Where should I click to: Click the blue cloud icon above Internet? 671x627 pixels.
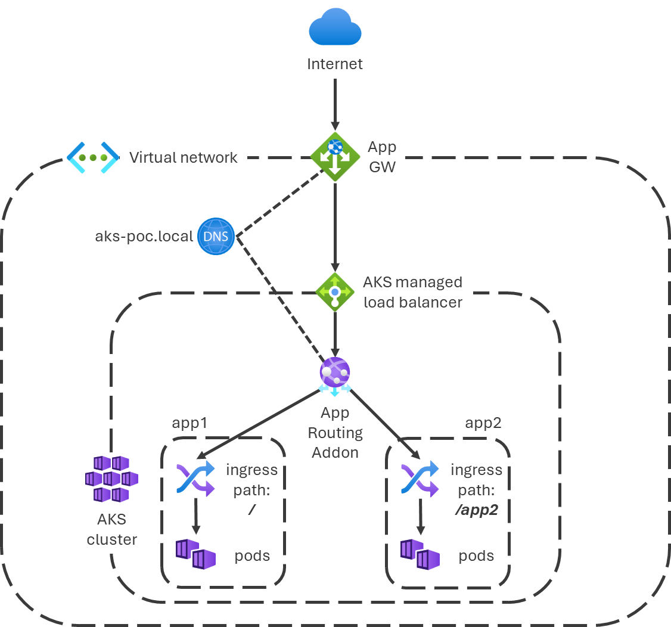pyautogui.click(x=335, y=28)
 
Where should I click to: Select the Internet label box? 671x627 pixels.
pyautogui.click(x=334, y=64)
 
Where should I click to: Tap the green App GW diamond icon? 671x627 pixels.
pyautogui.click(x=335, y=157)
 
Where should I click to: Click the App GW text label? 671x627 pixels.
pyautogui.click(x=382, y=157)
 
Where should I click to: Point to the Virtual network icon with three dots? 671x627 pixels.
pyautogui.click(x=92, y=157)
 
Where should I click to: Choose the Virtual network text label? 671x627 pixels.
pyautogui.click(x=183, y=157)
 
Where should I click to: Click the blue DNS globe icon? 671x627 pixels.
pyautogui.click(x=216, y=237)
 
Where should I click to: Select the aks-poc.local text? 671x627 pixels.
pyautogui.click(x=144, y=237)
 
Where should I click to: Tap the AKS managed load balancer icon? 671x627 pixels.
pyautogui.click(x=335, y=292)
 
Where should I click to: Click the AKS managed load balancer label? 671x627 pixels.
pyautogui.click(x=413, y=292)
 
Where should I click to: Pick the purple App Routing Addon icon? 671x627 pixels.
pyautogui.click(x=335, y=374)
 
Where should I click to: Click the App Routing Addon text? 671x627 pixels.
pyautogui.click(x=335, y=433)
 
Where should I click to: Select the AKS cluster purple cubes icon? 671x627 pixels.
pyautogui.click(x=112, y=478)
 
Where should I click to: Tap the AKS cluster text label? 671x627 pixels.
pyautogui.click(x=112, y=529)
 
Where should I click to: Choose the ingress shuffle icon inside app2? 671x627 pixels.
pyautogui.click(x=420, y=478)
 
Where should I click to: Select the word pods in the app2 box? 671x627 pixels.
pyautogui.click(x=476, y=556)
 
